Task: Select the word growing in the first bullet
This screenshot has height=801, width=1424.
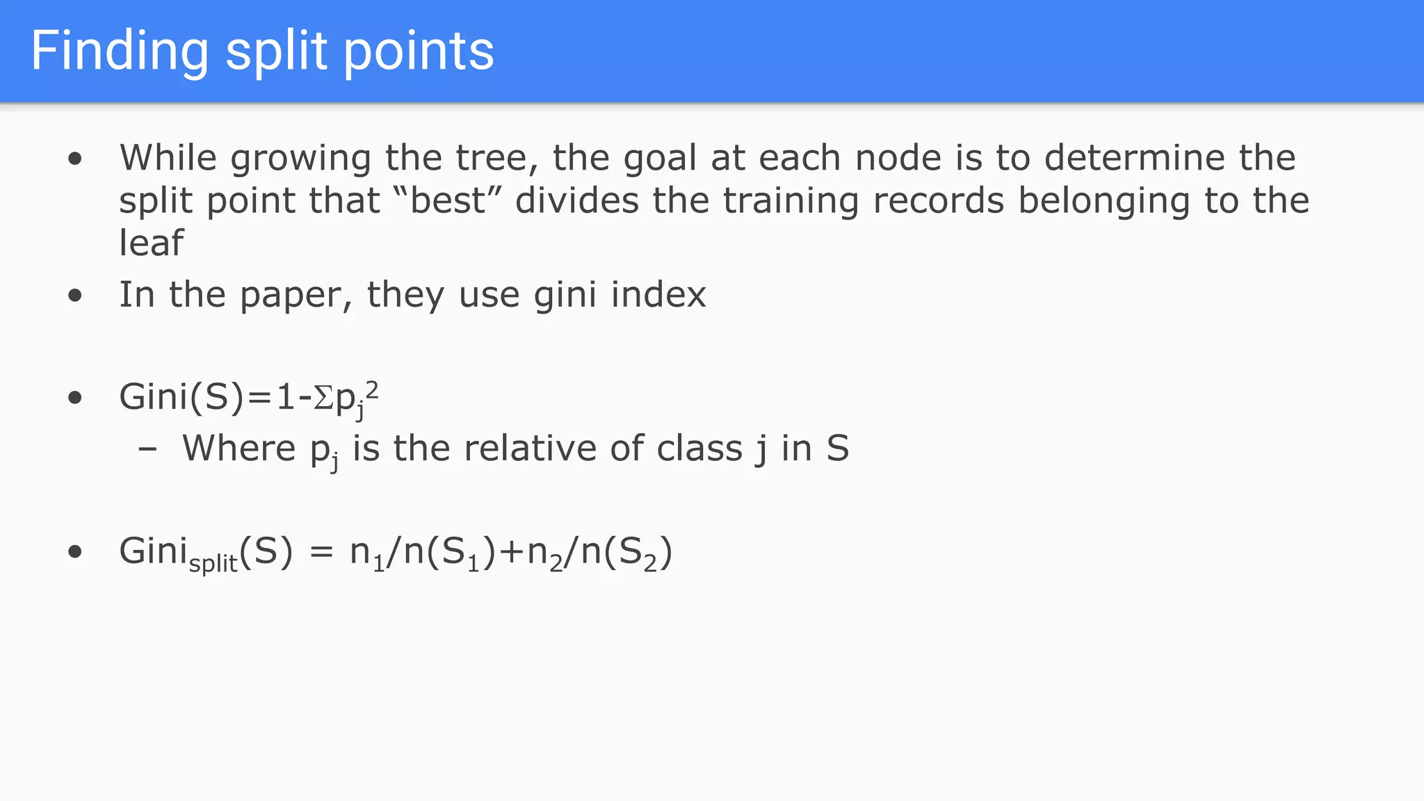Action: point(301,159)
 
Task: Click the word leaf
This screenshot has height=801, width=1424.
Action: point(151,243)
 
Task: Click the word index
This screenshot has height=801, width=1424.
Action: point(658,294)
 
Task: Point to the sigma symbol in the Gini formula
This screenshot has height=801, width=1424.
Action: point(323,398)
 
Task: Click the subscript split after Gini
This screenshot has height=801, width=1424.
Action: point(213,563)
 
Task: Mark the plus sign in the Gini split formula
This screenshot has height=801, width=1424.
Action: point(512,552)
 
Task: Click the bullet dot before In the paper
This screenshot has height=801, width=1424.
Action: point(75,296)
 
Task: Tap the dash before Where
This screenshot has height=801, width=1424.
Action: point(147,449)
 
